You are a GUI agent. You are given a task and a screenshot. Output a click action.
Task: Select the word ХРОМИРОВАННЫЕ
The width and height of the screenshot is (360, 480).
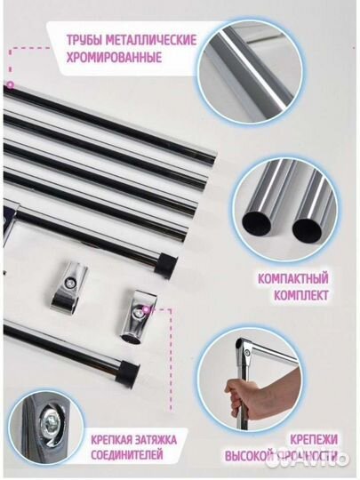[114, 57]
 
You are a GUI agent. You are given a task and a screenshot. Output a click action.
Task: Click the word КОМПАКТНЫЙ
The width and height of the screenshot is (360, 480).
[293, 278]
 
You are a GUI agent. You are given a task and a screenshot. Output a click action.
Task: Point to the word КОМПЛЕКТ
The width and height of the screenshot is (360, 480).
[301, 295]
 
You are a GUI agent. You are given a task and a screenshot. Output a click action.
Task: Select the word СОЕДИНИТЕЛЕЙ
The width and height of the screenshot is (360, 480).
[127, 454]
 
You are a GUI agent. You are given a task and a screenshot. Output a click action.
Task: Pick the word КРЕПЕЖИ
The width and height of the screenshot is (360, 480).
[314, 440]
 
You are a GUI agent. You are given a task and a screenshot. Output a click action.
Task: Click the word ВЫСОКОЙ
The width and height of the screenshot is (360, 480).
[249, 455]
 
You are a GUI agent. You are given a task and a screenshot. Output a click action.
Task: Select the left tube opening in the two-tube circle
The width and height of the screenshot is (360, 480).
[257, 222]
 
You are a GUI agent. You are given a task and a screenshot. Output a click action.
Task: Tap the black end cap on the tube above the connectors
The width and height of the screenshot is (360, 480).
[165, 264]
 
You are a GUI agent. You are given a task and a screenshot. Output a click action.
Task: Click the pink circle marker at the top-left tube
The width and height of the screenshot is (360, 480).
[11, 84]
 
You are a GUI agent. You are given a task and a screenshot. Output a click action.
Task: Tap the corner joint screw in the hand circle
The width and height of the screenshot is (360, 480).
[246, 351]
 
